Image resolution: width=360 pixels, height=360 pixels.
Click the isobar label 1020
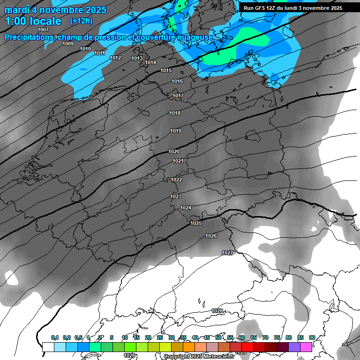[174, 151]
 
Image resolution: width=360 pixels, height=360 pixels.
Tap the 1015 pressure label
[166, 71]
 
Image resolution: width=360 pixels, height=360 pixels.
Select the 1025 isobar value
[196, 224]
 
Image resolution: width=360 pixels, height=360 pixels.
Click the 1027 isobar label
[227, 253]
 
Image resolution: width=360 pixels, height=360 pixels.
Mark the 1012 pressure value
[115, 58]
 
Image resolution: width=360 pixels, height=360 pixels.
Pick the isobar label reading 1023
[176, 197]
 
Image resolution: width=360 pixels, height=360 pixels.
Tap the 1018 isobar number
[175, 113]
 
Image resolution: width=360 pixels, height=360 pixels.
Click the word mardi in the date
[17, 10]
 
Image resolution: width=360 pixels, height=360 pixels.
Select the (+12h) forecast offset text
[82, 21]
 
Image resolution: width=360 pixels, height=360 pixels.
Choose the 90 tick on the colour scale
[312, 337]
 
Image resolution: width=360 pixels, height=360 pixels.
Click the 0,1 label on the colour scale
[55, 337]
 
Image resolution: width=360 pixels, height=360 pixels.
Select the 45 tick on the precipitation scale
[207, 337]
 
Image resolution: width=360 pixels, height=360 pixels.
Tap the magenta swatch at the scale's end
[306, 347]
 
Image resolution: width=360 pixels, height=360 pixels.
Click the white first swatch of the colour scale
[48, 347]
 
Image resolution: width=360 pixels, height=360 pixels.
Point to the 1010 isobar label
[85, 49]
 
